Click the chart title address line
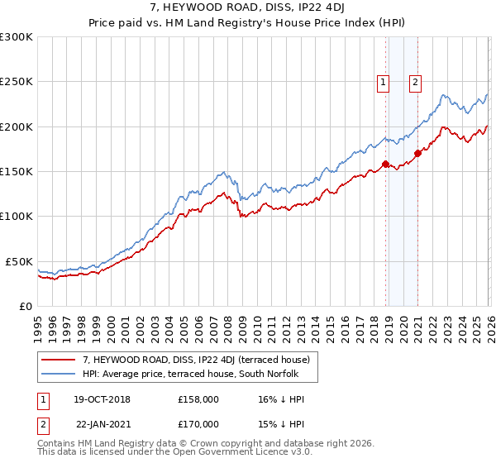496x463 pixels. tap(248, 8)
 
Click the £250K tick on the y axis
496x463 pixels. tap(17, 82)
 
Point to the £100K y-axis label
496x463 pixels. tap(17, 216)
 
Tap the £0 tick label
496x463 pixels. tap(26, 306)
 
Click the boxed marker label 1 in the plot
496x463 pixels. tap(384, 81)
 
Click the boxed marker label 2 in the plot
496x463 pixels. tap(414, 81)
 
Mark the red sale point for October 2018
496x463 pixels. tap(385, 165)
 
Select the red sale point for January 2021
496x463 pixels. tap(418, 153)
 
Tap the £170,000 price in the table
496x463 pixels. tap(198, 423)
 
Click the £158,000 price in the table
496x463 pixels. tap(198, 399)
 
